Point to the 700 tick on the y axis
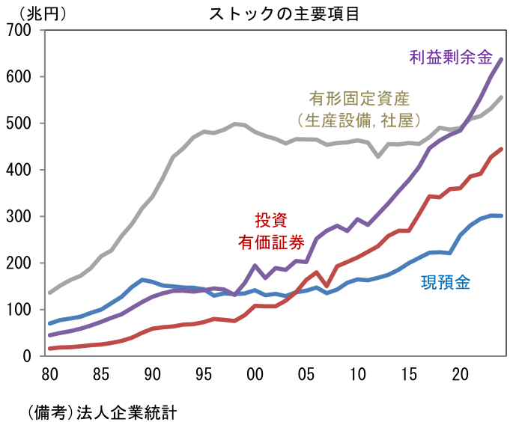pos(19,31)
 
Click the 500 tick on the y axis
pos(19,123)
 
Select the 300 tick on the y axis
pos(19,216)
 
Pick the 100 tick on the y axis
pos(19,310)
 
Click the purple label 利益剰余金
pos(450,56)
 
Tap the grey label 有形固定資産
pos(359,98)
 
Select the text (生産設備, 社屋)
pos(359,120)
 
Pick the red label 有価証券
pos(270,241)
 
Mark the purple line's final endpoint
pos(501,59)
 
